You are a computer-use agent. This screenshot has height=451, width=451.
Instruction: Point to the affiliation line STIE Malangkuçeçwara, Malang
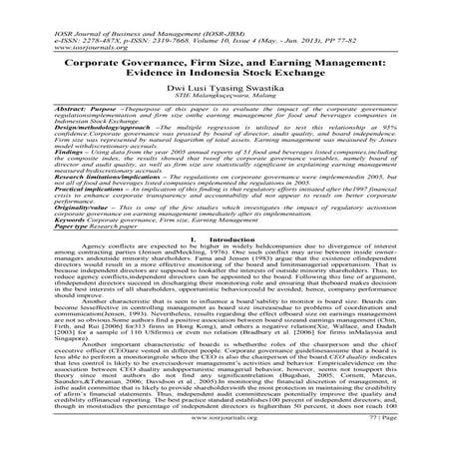click(225, 102)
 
